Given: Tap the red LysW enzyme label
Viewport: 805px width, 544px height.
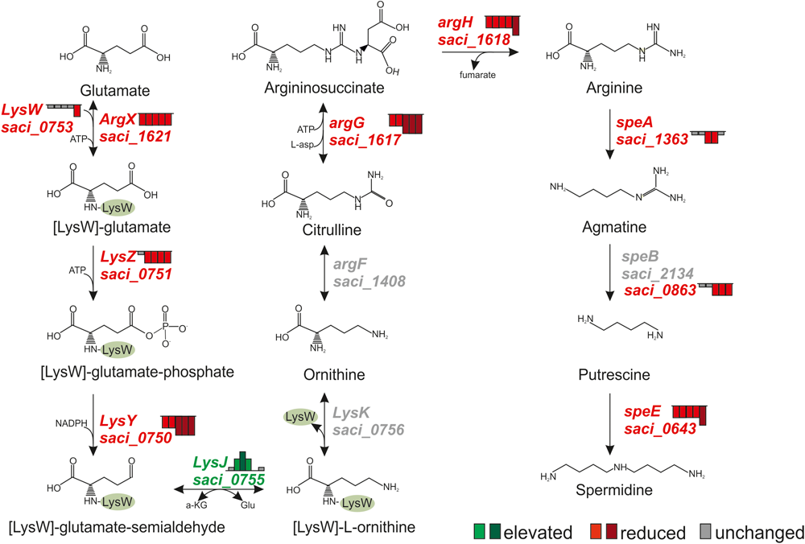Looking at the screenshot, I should tap(23, 109).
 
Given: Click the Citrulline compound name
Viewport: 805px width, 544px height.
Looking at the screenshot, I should tap(324, 230).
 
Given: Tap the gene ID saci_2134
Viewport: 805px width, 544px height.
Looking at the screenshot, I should tap(654, 274).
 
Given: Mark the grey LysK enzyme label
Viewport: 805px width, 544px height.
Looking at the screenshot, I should tap(351, 412).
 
